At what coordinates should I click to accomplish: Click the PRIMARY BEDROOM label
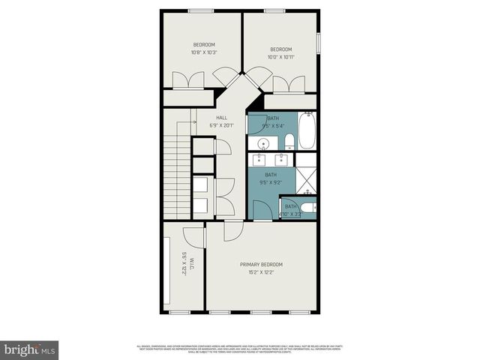261,264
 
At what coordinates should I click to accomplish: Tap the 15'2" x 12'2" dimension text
261,272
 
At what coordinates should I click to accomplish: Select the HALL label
221,118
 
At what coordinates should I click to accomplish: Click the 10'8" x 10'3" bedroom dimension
203,52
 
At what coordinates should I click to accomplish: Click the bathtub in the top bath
307,131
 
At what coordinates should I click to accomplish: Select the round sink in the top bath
264,143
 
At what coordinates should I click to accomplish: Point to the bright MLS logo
30,349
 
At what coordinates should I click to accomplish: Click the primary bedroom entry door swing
232,230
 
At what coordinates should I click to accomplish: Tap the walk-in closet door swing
194,235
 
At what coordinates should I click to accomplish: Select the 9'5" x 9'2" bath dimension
270,181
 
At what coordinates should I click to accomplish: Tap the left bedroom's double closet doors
187,80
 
